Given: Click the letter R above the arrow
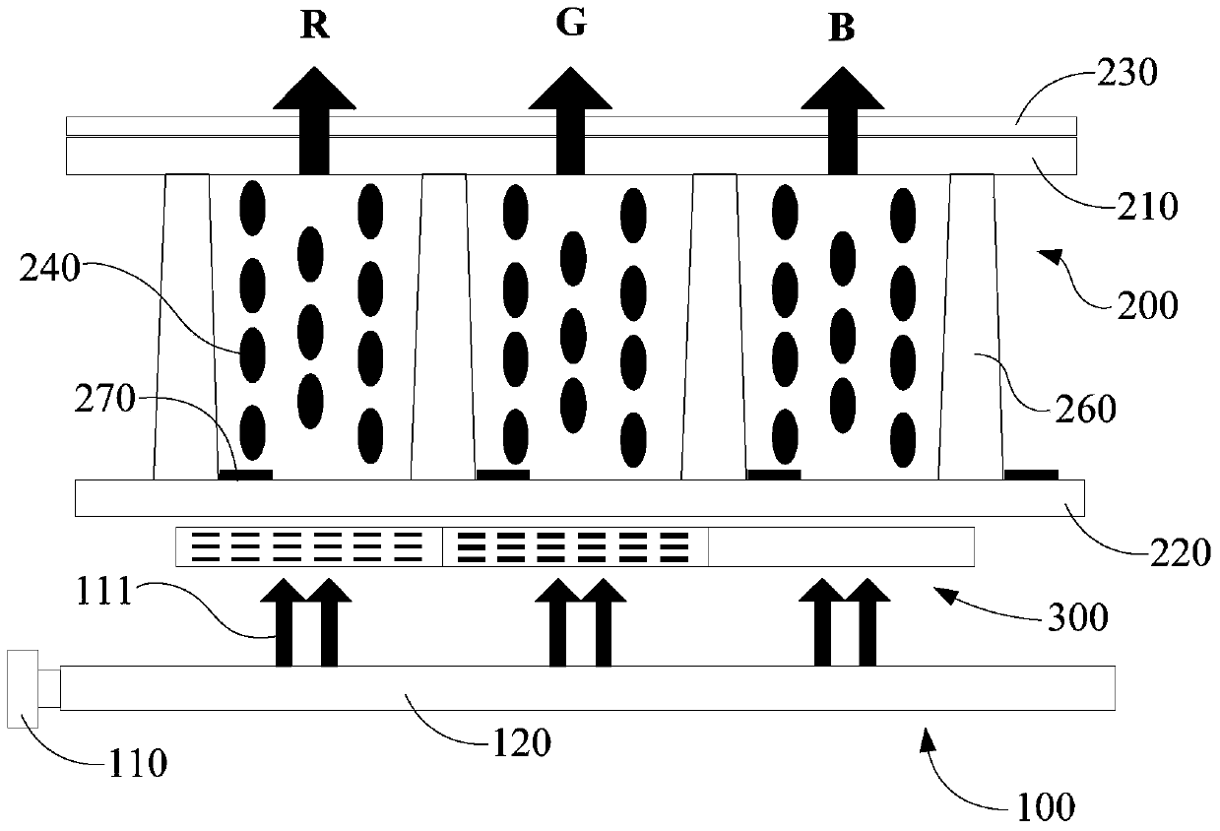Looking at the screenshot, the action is (315, 26).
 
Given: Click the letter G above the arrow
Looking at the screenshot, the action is (571, 24).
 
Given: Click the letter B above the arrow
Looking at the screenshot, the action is (842, 28).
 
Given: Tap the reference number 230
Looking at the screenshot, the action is (1126, 74).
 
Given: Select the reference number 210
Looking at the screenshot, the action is (1147, 207).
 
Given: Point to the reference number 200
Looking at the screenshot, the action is (1147, 305).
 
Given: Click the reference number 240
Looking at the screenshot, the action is (49, 269).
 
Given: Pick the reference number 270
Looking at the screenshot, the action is (104, 399).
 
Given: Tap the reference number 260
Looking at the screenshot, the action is (1086, 410).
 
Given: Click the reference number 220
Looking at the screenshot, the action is (1181, 553).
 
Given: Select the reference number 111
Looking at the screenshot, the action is (104, 592).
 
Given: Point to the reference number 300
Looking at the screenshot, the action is (1078, 617).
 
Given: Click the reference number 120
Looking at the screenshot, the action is (521, 743).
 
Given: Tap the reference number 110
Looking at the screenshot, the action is (138, 763).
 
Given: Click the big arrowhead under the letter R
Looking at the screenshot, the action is (314, 89).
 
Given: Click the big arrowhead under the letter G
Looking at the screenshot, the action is (570, 89).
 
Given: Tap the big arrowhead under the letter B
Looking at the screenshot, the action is (843, 89).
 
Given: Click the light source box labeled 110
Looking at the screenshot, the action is (23, 689).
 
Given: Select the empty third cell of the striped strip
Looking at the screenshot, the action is (842, 546).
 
